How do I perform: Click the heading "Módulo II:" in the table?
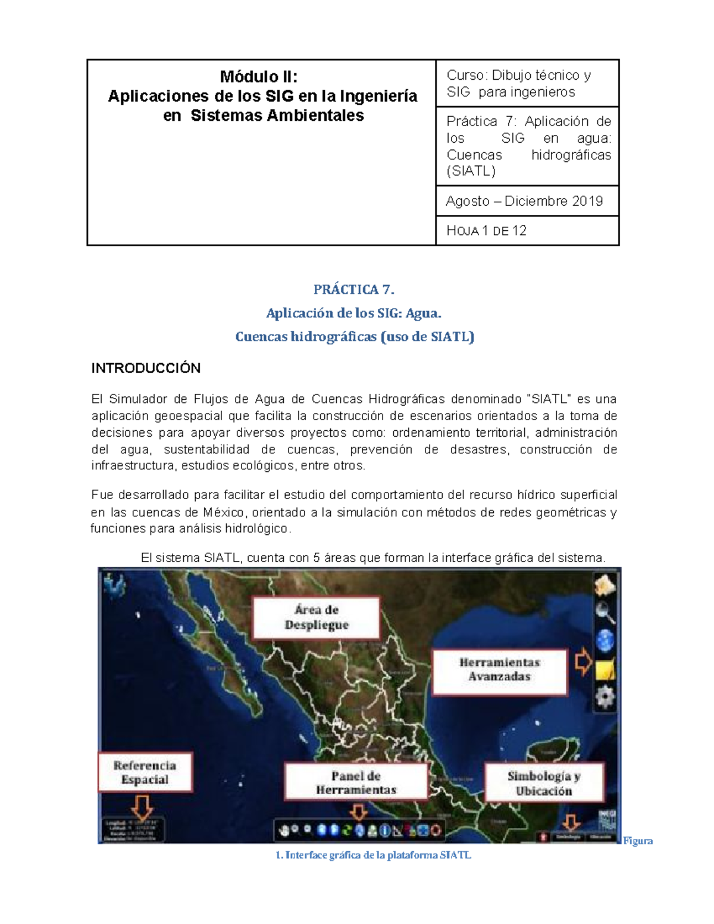[259, 77]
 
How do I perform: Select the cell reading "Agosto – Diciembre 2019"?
[524, 201]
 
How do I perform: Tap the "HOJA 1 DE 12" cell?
[487, 231]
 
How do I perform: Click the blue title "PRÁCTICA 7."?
[354, 290]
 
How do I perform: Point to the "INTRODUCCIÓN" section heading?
[146, 368]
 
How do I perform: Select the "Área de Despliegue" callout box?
[316, 618]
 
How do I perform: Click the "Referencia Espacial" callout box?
[145, 772]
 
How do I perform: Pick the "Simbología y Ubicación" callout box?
[544, 784]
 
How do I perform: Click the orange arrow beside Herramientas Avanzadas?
[584, 662]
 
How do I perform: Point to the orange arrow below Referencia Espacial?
[142, 807]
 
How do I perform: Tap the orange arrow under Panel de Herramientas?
[358, 812]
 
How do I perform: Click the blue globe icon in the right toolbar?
[605, 641]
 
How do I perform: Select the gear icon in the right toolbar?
[605, 697]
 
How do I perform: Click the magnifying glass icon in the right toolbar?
[605, 612]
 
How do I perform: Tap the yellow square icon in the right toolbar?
[605, 670]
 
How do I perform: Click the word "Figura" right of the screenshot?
[638, 841]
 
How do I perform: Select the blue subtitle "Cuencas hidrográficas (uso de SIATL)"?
[355, 337]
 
